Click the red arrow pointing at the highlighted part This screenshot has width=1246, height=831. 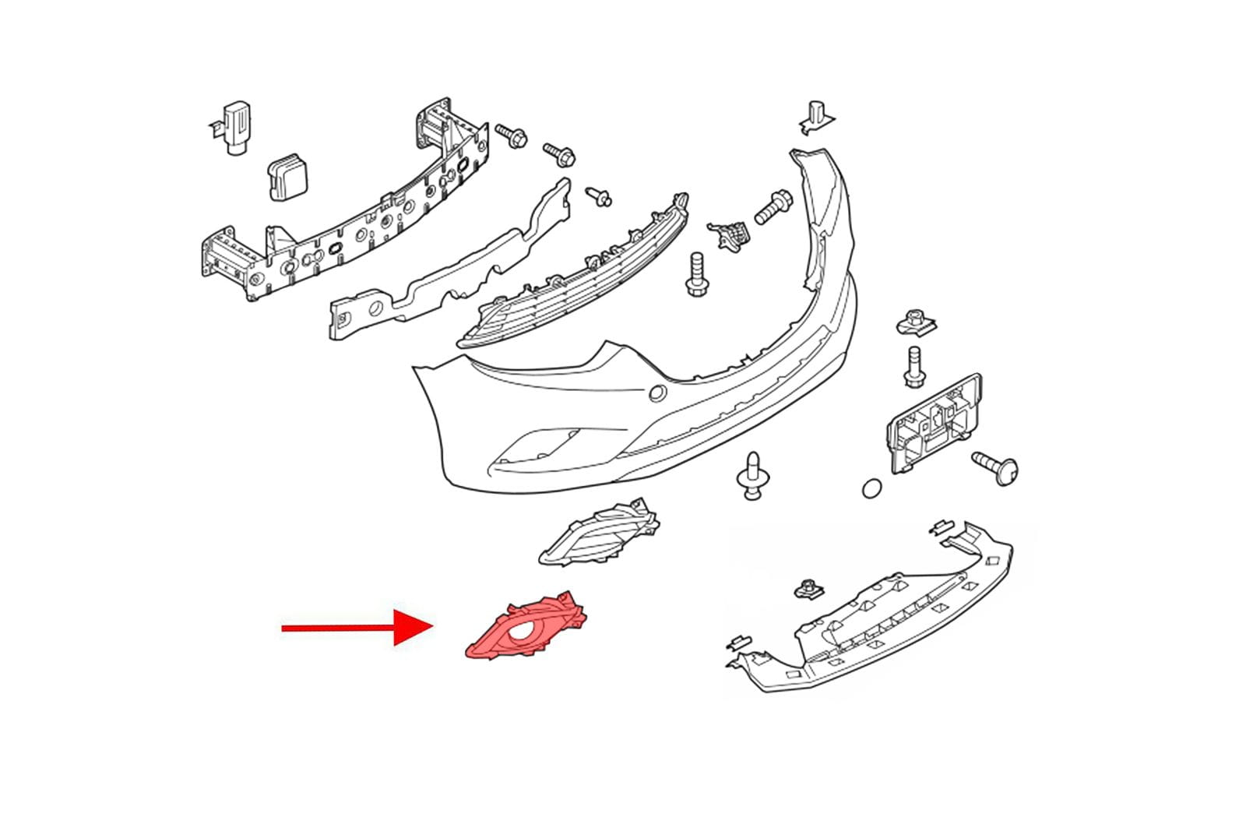(350, 628)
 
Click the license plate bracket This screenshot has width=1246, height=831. (935, 424)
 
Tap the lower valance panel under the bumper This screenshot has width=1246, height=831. (872, 615)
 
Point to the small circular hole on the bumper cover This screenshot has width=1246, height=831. (657, 393)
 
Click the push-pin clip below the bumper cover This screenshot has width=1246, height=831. (751, 477)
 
